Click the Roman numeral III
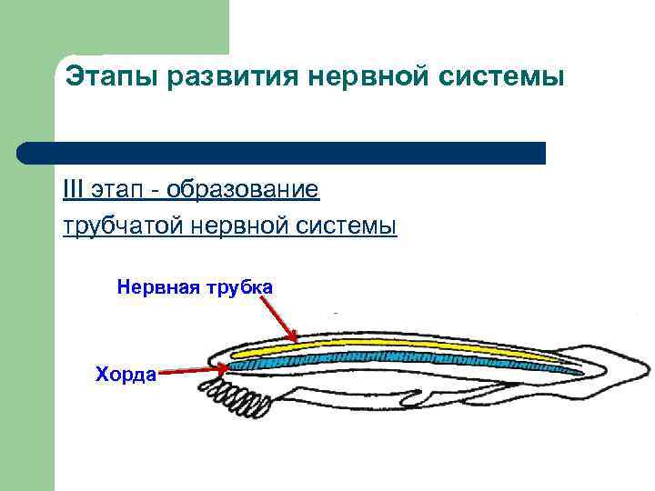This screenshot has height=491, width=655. [x=72, y=190]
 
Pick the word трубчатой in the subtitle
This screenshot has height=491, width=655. [x=124, y=224]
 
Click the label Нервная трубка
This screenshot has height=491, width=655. [x=194, y=287]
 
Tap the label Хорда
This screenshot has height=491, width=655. [x=126, y=374]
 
